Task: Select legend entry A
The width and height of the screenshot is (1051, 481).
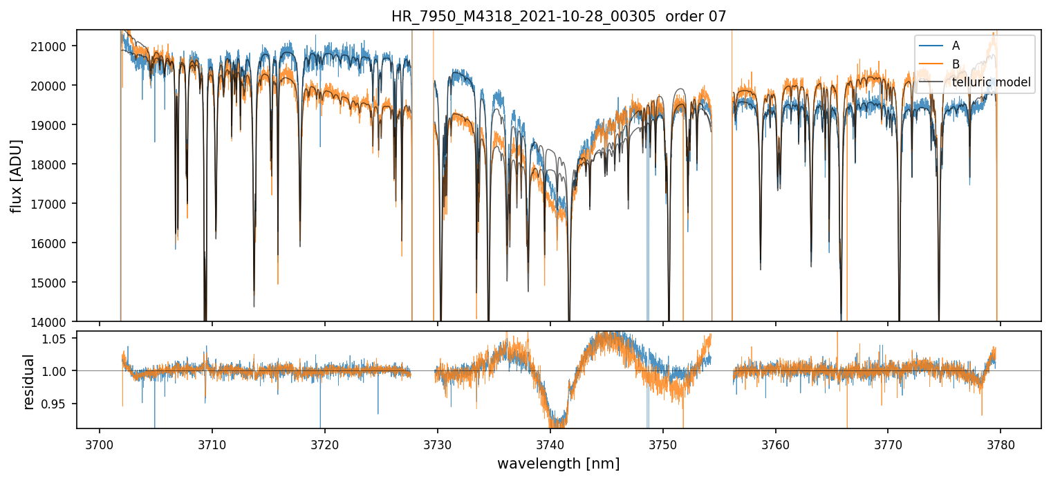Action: click(x=956, y=46)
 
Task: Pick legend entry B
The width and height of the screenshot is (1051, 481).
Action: click(x=956, y=64)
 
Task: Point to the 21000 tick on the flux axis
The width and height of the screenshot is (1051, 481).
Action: click(x=55, y=46)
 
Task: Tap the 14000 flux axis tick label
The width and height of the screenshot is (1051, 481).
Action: click(x=55, y=322)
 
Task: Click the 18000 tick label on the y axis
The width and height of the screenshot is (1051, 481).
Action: click(x=55, y=164)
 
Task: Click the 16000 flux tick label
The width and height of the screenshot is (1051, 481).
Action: click(x=55, y=243)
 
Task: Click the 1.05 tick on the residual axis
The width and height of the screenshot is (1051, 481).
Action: click(x=59, y=339)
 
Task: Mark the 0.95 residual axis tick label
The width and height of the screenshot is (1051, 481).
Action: click(x=59, y=404)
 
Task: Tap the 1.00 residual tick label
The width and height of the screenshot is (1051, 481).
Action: click(x=59, y=371)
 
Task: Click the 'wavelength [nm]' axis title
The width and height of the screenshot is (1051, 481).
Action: click(x=558, y=463)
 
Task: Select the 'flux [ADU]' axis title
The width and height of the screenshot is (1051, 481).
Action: click(x=17, y=176)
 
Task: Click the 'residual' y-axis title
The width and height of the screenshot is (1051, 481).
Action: click(x=29, y=381)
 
